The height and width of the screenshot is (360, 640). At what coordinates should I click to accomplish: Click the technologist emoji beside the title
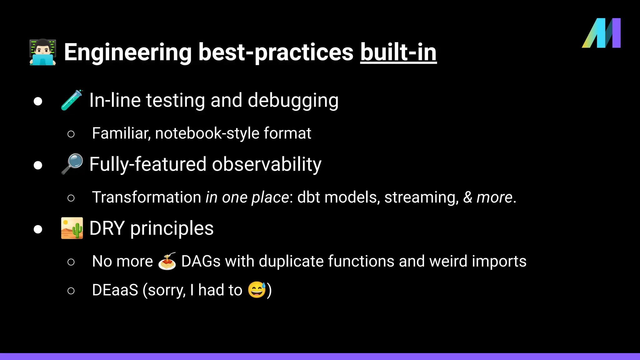(x=43, y=52)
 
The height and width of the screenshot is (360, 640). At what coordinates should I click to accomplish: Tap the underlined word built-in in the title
(x=398, y=52)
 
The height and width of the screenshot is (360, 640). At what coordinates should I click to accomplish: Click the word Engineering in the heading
(x=127, y=52)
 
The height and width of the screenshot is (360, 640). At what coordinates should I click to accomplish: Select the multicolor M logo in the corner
(x=601, y=33)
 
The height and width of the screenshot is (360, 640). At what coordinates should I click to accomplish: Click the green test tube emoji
(x=72, y=100)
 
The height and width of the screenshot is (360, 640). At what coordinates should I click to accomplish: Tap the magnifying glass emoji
(x=72, y=164)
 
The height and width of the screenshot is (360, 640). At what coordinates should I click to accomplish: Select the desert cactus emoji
(x=72, y=228)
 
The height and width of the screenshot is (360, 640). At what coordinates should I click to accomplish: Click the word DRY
(x=107, y=228)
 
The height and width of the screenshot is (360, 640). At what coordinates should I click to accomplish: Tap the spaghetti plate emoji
(x=167, y=261)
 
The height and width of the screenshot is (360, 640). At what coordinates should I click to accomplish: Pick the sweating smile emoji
(x=257, y=290)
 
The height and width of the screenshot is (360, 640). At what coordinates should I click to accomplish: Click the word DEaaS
(x=115, y=290)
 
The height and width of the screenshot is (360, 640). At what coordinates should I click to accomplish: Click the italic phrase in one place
(x=247, y=197)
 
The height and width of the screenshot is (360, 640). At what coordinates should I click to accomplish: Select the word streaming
(x=421, y=197)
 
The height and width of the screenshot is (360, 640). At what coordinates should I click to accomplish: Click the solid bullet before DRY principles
(x=38, y=229)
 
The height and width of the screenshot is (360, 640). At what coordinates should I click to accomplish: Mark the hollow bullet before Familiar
(x=71, y=134)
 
